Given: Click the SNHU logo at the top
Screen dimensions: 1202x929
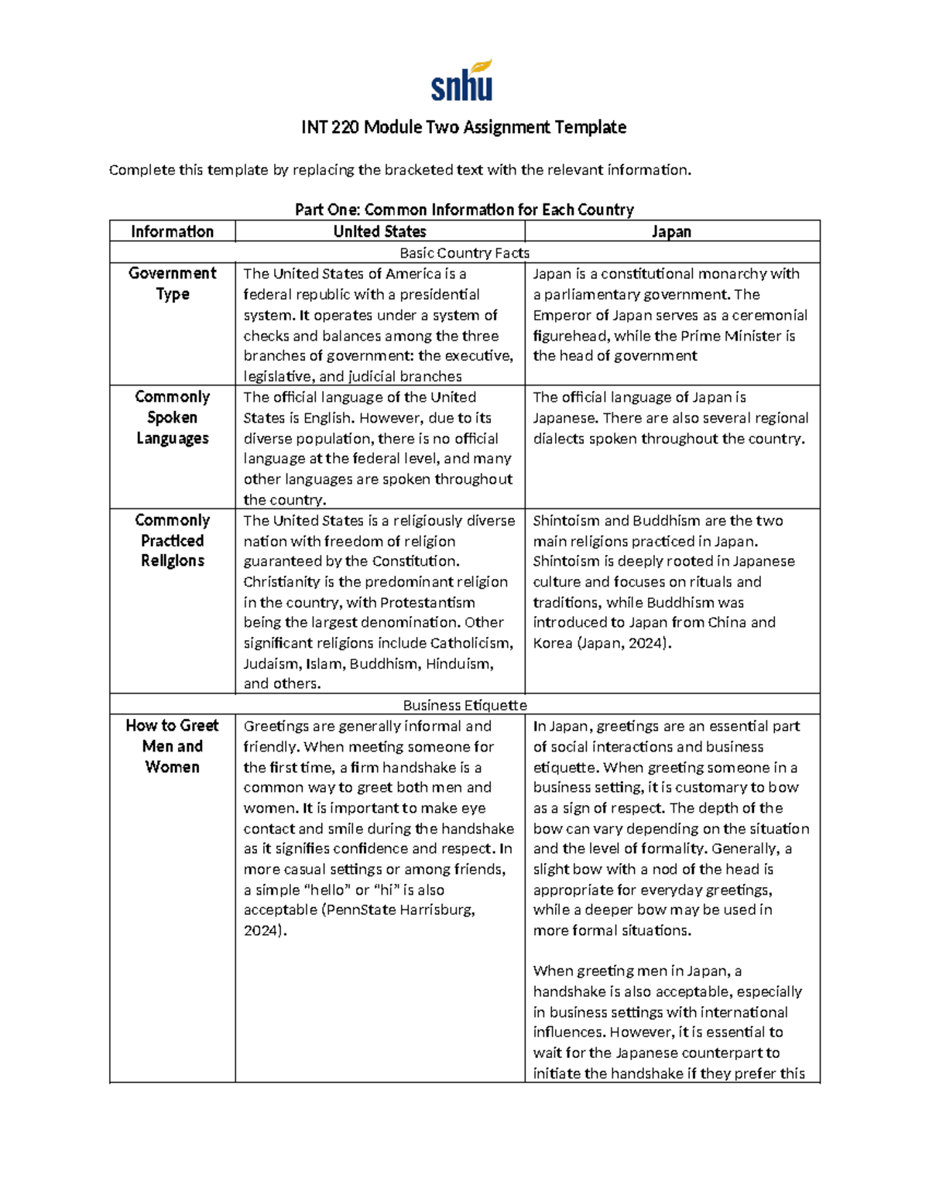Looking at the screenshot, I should coord(462,80).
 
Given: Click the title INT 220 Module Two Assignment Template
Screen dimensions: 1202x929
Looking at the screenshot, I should coord(464,127).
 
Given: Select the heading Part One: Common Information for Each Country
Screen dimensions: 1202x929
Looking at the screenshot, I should coord(464,210).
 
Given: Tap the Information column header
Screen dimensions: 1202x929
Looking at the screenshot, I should coord(172,231).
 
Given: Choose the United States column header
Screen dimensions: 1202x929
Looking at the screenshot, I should coord(379,231).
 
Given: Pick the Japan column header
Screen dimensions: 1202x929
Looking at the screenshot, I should coord(671,231).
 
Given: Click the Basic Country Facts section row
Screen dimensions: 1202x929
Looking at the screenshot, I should coord(464,253).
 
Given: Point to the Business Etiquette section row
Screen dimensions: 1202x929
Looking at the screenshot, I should coord(464,705).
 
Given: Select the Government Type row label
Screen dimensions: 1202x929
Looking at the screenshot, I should coord(172,283).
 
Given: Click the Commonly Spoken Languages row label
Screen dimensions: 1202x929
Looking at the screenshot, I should coord(172,417).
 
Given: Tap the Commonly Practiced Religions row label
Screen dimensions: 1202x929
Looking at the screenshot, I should coord(172,540).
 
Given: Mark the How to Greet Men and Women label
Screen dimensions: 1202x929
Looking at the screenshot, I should coord(172,746).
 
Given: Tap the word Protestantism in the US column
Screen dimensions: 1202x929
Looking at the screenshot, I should coord(427,602).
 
